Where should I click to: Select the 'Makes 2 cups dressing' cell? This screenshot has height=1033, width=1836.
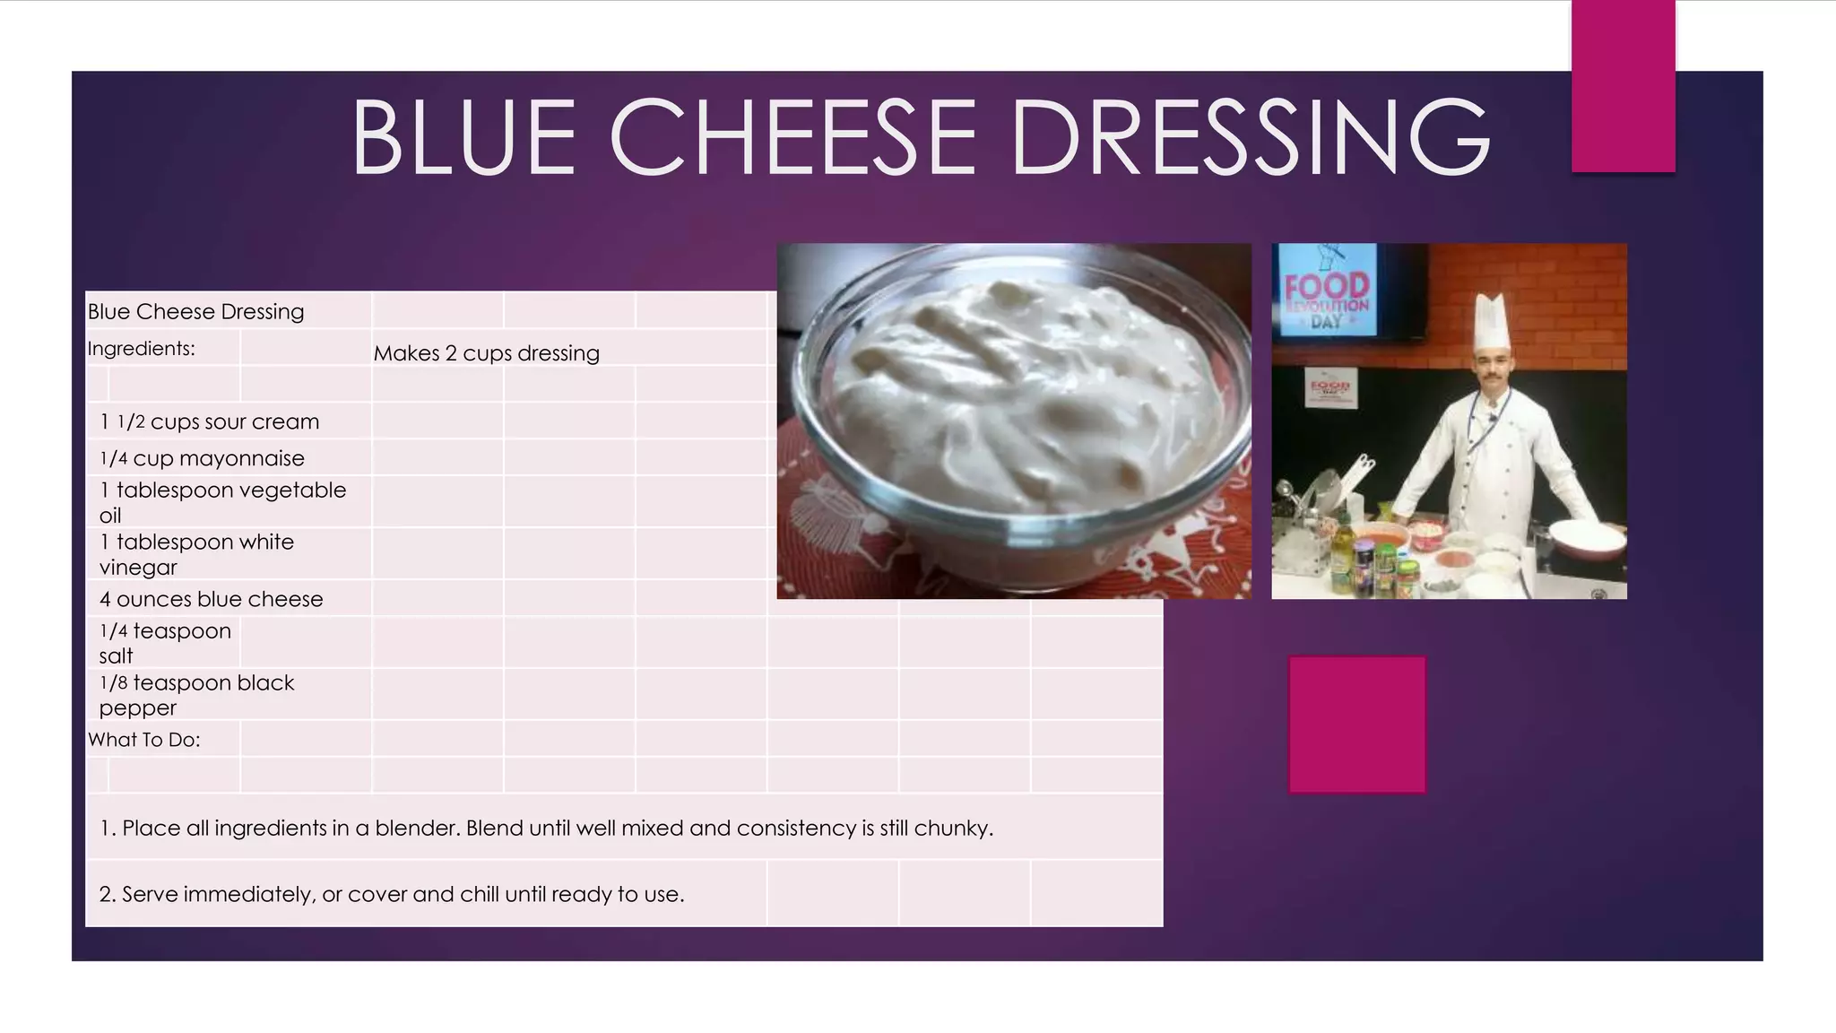[x=486, y=353]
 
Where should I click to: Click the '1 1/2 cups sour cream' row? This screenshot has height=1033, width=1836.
[x=210, y=421]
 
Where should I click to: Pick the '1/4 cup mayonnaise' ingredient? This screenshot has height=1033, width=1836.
[x=203, y=458]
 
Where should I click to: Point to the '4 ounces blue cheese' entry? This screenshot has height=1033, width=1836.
[x=212, y=599]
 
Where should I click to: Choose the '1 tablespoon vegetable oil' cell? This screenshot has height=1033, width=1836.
[x=222, y=502]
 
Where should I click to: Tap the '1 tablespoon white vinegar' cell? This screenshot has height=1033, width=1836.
[x=196, y=554]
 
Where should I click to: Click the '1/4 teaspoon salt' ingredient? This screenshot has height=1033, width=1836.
[x=165, y=643]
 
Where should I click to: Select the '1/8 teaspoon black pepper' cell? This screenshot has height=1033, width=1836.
[x=196, y=695]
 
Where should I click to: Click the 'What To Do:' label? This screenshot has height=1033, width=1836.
[x=144, y=740]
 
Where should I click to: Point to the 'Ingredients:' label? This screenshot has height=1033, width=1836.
[x=142, y=349]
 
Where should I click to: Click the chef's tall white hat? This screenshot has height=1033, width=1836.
[x=1492, y=323]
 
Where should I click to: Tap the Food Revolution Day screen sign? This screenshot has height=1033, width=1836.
[x=1328, y=292]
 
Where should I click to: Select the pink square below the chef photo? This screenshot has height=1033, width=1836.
[x=1356, y=725]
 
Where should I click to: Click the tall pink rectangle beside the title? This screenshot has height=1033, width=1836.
[x=1623, y=85]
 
